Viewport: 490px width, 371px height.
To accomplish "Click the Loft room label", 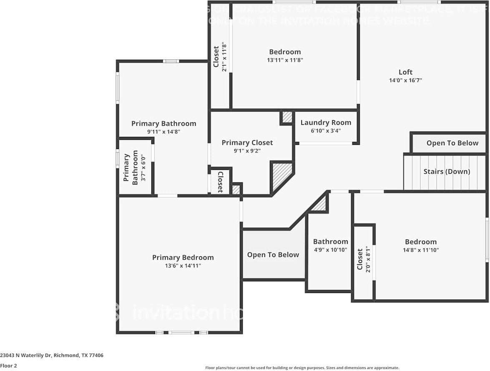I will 405,72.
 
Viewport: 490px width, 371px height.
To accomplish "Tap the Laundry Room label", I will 326,123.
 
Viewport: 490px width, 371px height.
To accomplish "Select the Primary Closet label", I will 247,143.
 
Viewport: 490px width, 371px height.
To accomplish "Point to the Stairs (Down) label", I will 447,172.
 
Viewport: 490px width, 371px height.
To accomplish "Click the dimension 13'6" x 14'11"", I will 183,266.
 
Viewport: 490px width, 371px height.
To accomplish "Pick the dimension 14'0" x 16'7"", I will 405,81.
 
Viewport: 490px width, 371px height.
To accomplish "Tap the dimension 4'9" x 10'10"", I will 330,250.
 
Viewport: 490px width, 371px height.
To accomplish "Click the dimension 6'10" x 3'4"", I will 326,131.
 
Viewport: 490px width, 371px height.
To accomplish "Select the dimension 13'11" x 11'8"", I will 285,60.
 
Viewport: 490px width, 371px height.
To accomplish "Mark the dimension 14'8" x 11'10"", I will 421,250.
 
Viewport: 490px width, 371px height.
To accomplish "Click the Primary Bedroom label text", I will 183,257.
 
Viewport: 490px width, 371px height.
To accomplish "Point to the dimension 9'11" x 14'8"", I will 163,131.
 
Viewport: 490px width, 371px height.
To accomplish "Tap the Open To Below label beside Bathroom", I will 273,255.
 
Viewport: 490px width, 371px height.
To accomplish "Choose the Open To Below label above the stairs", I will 452,143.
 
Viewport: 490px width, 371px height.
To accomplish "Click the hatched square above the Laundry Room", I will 287,117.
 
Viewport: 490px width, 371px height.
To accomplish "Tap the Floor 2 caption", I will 8,366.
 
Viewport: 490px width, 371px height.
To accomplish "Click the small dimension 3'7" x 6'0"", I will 143,168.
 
